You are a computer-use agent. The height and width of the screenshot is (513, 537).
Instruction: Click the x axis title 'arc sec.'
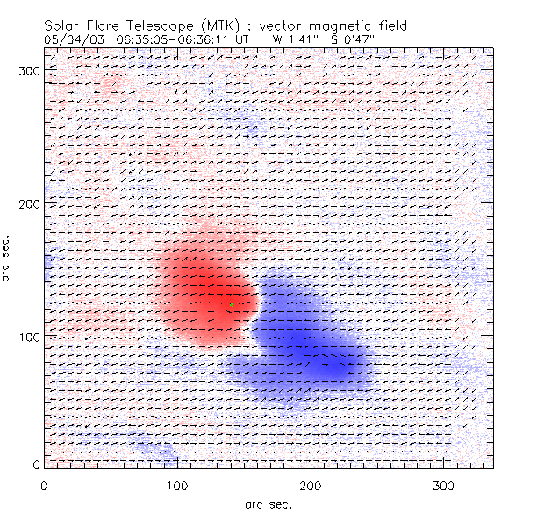click(268, 503)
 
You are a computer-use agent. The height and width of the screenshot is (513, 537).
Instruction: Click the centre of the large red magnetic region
click(201, 293)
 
